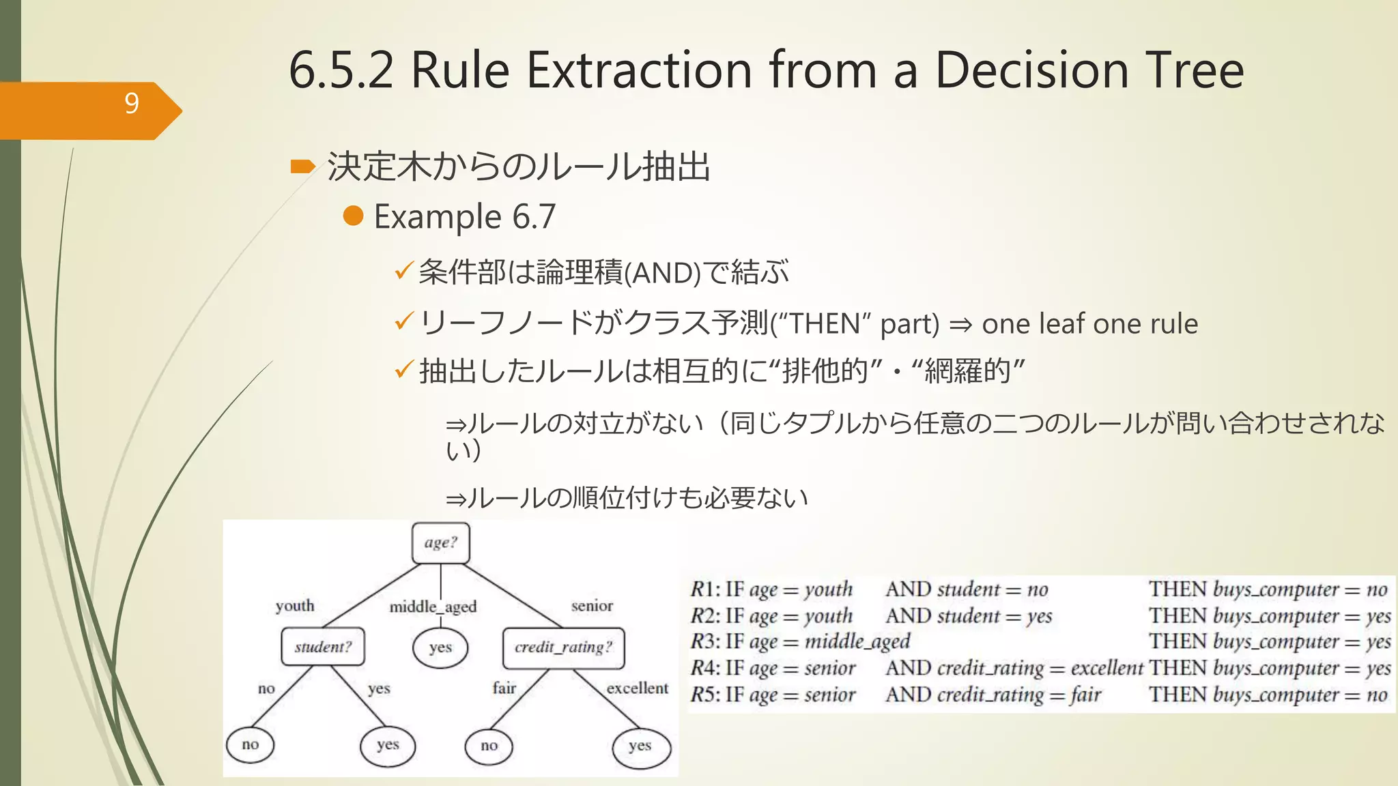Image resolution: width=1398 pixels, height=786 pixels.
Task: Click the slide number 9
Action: click(x=132, y=104)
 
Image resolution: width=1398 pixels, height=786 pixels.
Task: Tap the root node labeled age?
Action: click(x=441, y=543)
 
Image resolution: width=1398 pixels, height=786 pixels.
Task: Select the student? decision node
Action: click(x=323, y=647)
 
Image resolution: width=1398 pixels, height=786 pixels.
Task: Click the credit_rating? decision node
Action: click(x=563, y=647)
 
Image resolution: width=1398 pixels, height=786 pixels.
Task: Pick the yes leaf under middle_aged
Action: click(x=440, y=647)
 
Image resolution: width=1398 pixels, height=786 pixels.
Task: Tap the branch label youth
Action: click(x=295, y=606)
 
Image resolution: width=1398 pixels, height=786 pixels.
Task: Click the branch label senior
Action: click(x=592, y=606)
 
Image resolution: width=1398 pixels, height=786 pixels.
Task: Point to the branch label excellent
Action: click(x=638, y=688)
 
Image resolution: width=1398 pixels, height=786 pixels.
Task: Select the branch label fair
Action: click(x=504, y=688)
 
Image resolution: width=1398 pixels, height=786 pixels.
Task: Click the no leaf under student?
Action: click(x=251, y=744)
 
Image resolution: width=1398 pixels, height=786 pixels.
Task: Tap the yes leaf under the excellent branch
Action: click(x=640, y=746)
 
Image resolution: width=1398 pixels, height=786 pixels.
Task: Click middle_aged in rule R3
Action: click(x=857, y=642)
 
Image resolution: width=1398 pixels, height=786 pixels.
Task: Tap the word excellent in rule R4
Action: click(x=1107, y=669)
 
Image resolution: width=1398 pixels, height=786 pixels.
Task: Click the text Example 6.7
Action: click(x=465, y=217)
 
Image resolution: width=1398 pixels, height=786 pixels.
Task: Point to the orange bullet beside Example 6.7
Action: click(x=353, y=216)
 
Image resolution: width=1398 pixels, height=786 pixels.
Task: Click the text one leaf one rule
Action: click(x=1089, y=324)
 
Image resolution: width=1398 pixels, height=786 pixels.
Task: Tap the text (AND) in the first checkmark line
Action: click(x=662, y=273)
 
